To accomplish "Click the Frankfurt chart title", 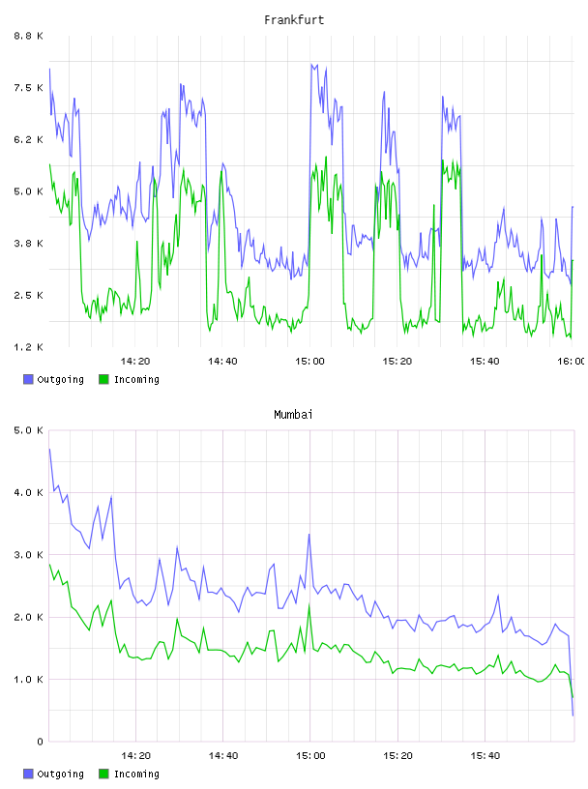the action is (x=294, y=20).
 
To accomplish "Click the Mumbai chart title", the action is (x=293, y=415).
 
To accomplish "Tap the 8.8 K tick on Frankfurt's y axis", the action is (x=28, y=36).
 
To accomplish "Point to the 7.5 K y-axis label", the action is (x=28, y=88).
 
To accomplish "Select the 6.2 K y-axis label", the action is (x=28, y=139).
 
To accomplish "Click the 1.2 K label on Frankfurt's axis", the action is (x=28, y=347).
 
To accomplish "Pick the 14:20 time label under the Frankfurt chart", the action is (x=135, y=361).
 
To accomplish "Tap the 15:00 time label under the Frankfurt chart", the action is (x=310, y=361).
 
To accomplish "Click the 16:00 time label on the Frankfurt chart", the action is (x=572, y=361).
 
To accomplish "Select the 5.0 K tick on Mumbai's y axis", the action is (x=28, y=430).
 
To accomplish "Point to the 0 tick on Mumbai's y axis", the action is (x=40, y=742).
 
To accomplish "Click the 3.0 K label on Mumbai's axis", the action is (x=28, y=554).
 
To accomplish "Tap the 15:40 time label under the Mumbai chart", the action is (x=485, y=755).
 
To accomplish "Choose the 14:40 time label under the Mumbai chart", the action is (x=223, y=755).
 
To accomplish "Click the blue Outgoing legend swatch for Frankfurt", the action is (x=28, y=379).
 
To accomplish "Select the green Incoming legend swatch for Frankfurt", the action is (x=103, y=379).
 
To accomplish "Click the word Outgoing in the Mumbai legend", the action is (x=60, y=774).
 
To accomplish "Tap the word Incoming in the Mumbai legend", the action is (x=136, y=774).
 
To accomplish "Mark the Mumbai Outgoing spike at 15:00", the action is (x=309, y=535).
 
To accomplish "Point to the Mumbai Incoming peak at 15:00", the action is (x=309, y=605).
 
